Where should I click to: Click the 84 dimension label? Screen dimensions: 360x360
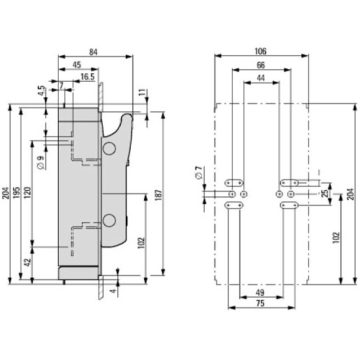click(x=93, y=52)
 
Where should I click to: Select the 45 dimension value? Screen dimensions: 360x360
click(x=77, y=65)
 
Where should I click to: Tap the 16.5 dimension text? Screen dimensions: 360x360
click(x=87, y=77)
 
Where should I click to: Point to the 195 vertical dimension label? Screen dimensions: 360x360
click(x=16, y=193)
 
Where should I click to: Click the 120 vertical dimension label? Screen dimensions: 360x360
click(x=27, y=192)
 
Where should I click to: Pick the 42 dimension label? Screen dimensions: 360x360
click(x=28, y=263)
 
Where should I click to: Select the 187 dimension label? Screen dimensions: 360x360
click(x=158, y=195)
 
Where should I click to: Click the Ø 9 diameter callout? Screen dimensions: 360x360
click(x=41, y=162)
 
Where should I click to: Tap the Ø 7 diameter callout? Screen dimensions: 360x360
click(x=199, y=173)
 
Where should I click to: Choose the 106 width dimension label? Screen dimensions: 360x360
click(x=260, y=51)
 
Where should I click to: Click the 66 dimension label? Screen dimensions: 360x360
click(x=261, y=65)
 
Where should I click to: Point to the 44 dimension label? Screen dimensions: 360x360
click(x=261, y=78)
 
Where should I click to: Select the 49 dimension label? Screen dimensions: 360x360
click(x=259, y=292)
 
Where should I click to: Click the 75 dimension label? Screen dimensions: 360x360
click(x=260, y=303)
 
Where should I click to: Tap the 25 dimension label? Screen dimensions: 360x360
click(x=324, y=194)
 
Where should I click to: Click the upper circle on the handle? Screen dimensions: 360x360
click(x=109, y=148)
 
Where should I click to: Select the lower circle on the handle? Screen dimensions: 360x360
click(x=109, y=220)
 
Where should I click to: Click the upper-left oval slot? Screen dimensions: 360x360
click(x=234, y=183)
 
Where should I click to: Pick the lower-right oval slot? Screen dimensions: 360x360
click(x=289, y=206)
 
